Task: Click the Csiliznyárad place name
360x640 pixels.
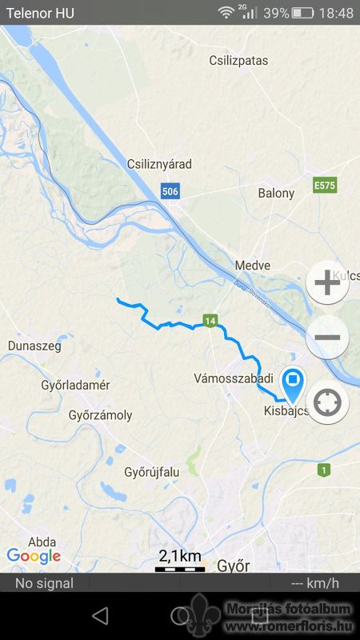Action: click(159, 164)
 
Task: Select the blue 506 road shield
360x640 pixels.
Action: click(170, 191)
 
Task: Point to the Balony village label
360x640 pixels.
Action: click(276, 193)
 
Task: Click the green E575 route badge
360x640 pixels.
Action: click(325, 185)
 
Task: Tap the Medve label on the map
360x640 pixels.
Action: click(253, 265)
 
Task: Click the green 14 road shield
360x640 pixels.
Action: click(210, 321)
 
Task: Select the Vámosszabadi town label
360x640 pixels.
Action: click(234, 378)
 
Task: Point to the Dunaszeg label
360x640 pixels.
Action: click(34, 346)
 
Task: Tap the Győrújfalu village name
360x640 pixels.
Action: click(152, 471)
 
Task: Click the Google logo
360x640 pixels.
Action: click(34, 556)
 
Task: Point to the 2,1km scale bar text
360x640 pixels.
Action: click(179, 555)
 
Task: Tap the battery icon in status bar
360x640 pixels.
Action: click(302, 13)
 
